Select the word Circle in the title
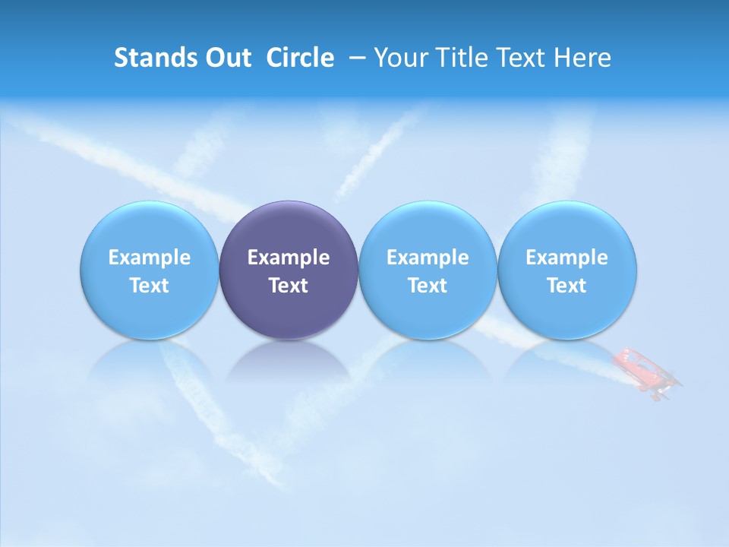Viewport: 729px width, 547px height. coord(300,58)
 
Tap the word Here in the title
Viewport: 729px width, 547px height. coord(581,58)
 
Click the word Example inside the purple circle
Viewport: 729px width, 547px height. coord(289,258)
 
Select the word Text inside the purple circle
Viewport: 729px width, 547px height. coord(289,286)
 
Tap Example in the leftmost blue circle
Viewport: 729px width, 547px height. coord(150,258)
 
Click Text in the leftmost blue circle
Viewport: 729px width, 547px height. coord(150,286)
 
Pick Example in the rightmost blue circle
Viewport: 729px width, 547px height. coord(566,258)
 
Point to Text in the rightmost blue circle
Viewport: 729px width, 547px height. coord(566,286)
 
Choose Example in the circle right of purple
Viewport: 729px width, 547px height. coord(428,258)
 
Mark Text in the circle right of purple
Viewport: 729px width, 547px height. coord(428,286)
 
